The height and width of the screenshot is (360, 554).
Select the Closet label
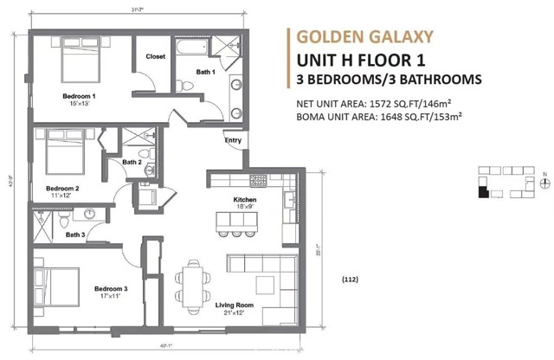[x=156, y=57]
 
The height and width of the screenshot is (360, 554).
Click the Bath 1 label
[x=204, y=72]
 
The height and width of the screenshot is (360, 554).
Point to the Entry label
[x=233, y=140]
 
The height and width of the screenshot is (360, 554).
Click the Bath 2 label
[x=132, y=161]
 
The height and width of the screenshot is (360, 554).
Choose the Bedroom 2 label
[x=62, y=188]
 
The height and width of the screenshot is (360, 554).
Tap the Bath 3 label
[x=75, y=235]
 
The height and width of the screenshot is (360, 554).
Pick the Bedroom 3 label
[x=112, y=288]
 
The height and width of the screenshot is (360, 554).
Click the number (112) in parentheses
[x=351, y=279]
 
